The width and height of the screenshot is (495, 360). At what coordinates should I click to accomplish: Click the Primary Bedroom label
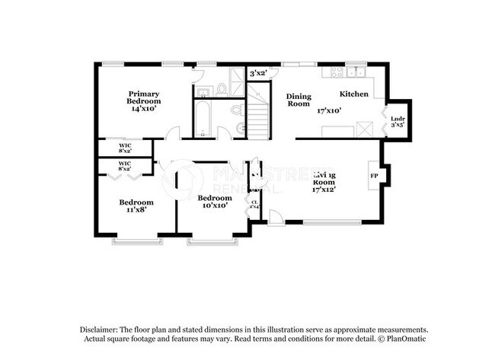(143, 97)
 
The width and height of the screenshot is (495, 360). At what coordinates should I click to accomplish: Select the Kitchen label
(354, 94)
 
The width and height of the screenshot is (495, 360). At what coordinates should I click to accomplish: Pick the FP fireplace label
(374, 176)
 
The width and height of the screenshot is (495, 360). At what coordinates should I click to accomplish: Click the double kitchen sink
(356, 72)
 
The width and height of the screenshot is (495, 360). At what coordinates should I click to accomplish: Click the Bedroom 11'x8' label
(136, 205)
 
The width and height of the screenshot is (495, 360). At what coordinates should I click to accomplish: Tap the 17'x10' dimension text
(329, 110)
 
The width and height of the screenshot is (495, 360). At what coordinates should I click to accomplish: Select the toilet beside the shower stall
(222, 89)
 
